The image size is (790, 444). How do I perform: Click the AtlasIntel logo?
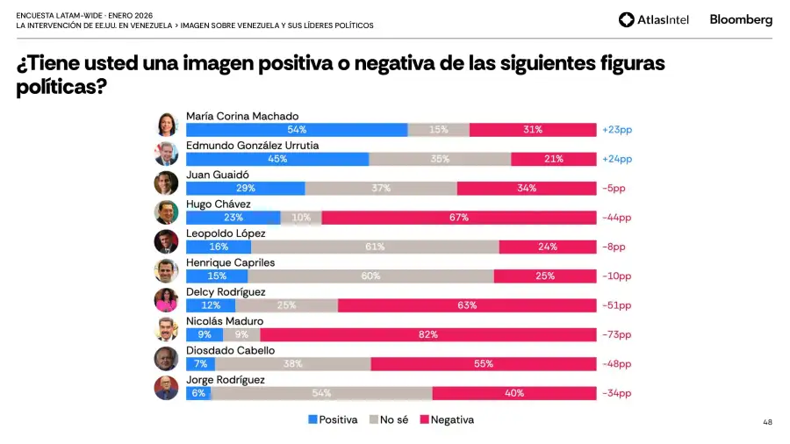(653, 19)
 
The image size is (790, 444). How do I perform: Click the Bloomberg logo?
(741, 19)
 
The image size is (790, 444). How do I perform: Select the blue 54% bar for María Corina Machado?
(297, 130)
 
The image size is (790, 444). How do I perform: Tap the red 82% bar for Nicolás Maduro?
(428, 334)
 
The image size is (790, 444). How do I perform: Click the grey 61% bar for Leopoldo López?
(375, 247)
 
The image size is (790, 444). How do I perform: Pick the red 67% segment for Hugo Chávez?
(459, 218)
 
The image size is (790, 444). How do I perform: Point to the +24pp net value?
(616, 159)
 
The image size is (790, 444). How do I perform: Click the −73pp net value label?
(616, 334)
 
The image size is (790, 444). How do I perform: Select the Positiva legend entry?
(333, 419)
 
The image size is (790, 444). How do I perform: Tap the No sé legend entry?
(389, 419)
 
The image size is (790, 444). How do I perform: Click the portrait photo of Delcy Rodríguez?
(166, 300)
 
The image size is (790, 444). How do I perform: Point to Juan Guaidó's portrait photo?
(166, 183)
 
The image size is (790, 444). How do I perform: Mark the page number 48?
(767, 422)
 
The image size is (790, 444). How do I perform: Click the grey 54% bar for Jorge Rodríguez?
(321, 393)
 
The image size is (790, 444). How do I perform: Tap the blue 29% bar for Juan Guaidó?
(246, 188)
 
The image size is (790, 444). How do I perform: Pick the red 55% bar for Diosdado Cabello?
(484, 363)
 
